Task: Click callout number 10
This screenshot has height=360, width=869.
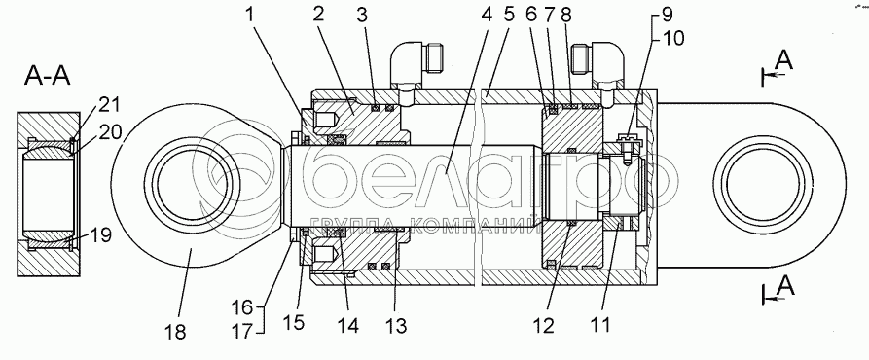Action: (x=670, y=38)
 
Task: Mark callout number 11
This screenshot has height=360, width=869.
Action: (x=600, y=324)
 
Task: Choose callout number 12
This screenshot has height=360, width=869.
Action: (x=544, y=325)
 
